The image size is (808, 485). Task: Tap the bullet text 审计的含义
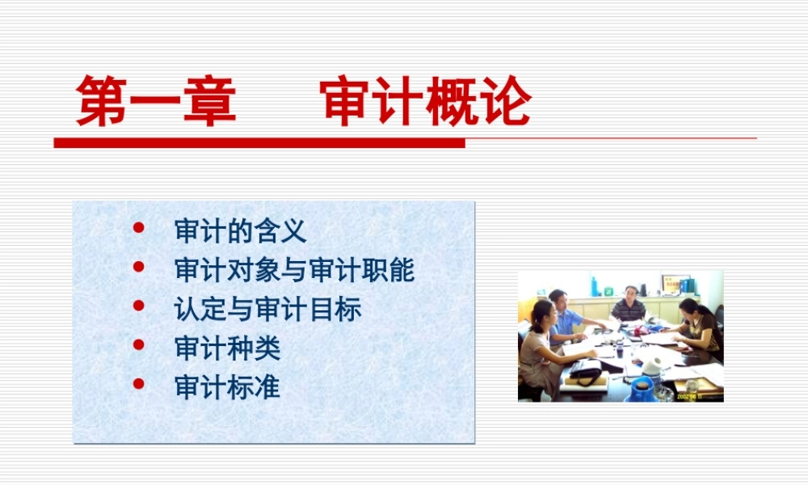[240, 232]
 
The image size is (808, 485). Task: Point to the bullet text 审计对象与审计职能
[294, 270]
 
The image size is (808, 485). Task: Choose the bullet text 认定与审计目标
[267, 309]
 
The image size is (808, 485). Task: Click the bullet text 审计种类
[227, 348]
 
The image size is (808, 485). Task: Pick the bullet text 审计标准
[227, 386]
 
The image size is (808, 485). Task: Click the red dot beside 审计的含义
[138, 228]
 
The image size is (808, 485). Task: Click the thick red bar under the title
[259, 143]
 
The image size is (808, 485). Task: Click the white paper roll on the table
[650, 366]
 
